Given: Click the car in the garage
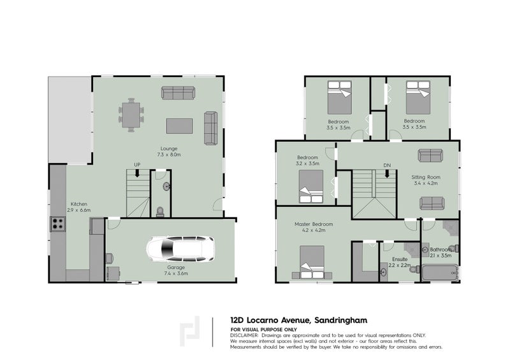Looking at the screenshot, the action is (x=180, y=248).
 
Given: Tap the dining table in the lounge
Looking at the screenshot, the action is (x=131, y=115).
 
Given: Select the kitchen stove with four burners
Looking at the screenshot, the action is (x=58, y=224).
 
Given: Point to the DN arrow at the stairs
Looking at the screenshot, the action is (x=387, y=175).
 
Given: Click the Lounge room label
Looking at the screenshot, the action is (x=169, y=148).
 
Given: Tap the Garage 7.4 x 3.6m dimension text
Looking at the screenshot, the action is (x=176, y=273).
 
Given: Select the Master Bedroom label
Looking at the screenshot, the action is (x=314, y=224).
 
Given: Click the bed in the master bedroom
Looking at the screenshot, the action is (x=312, y=262).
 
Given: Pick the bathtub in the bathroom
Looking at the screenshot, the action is (x=439, y=273).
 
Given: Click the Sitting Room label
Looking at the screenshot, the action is (x=426, y=177).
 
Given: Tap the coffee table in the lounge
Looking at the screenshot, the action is (x=179, y=126).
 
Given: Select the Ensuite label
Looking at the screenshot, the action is (x=400, y=259).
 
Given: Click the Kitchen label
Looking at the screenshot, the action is (x=79, y=204).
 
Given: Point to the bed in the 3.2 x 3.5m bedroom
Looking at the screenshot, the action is (x=311, y=186).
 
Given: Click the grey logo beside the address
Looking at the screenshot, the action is (x=189, y=331).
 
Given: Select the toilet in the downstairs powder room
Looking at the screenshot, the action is (x=161, y=212).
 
